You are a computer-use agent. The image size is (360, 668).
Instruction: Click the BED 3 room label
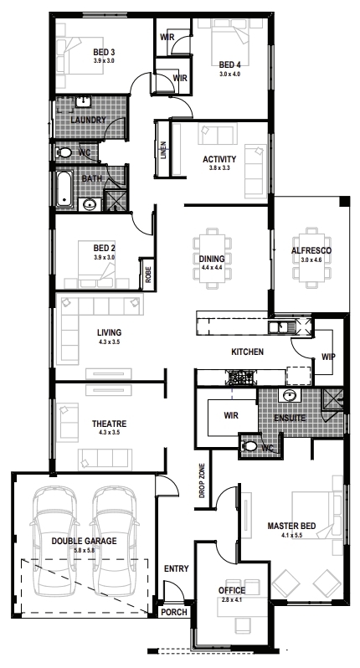click(104, 53)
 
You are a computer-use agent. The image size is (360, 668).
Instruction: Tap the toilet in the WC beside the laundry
click(64, 152)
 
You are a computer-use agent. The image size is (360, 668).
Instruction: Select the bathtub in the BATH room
click(64, 188)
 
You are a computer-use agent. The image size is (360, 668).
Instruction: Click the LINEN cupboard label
click(164, 150)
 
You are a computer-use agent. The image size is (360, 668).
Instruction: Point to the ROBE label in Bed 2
click(148, 275)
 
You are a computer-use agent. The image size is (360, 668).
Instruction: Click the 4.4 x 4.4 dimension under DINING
click(212, 269)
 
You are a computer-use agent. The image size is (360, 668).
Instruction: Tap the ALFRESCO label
click(311, 250)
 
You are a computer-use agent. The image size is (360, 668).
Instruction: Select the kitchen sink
click(279, 327)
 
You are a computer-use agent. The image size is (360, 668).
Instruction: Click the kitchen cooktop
click(241, 376)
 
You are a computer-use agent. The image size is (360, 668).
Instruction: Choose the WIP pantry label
click(328, 357)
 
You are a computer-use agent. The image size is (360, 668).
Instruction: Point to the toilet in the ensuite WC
click(249, 446)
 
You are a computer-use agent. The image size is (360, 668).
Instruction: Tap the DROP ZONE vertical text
click(202, 480)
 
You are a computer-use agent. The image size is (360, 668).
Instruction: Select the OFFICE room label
click(232, 590)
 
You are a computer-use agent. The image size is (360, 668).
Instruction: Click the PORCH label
click(174, 612)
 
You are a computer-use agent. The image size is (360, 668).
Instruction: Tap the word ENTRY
click(176, 568)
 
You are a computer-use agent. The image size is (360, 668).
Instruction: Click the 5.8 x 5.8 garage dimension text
click(84, 551)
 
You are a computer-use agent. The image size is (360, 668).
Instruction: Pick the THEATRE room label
click(109, 424)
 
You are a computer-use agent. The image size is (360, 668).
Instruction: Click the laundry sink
click(84, 102)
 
